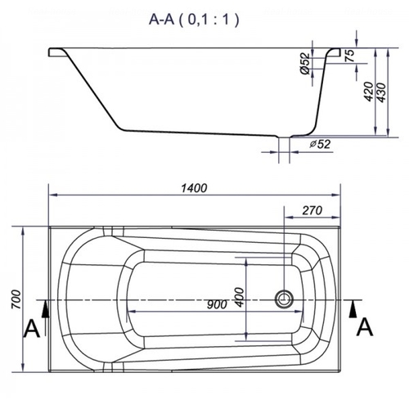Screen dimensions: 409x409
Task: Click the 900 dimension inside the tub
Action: tap(216, 306)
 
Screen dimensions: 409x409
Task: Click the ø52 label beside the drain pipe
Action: tap(320, 145)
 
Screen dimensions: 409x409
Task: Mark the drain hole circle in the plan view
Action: tap(285, 299)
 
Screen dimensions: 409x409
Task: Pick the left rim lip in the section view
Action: tap(56, 50)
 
